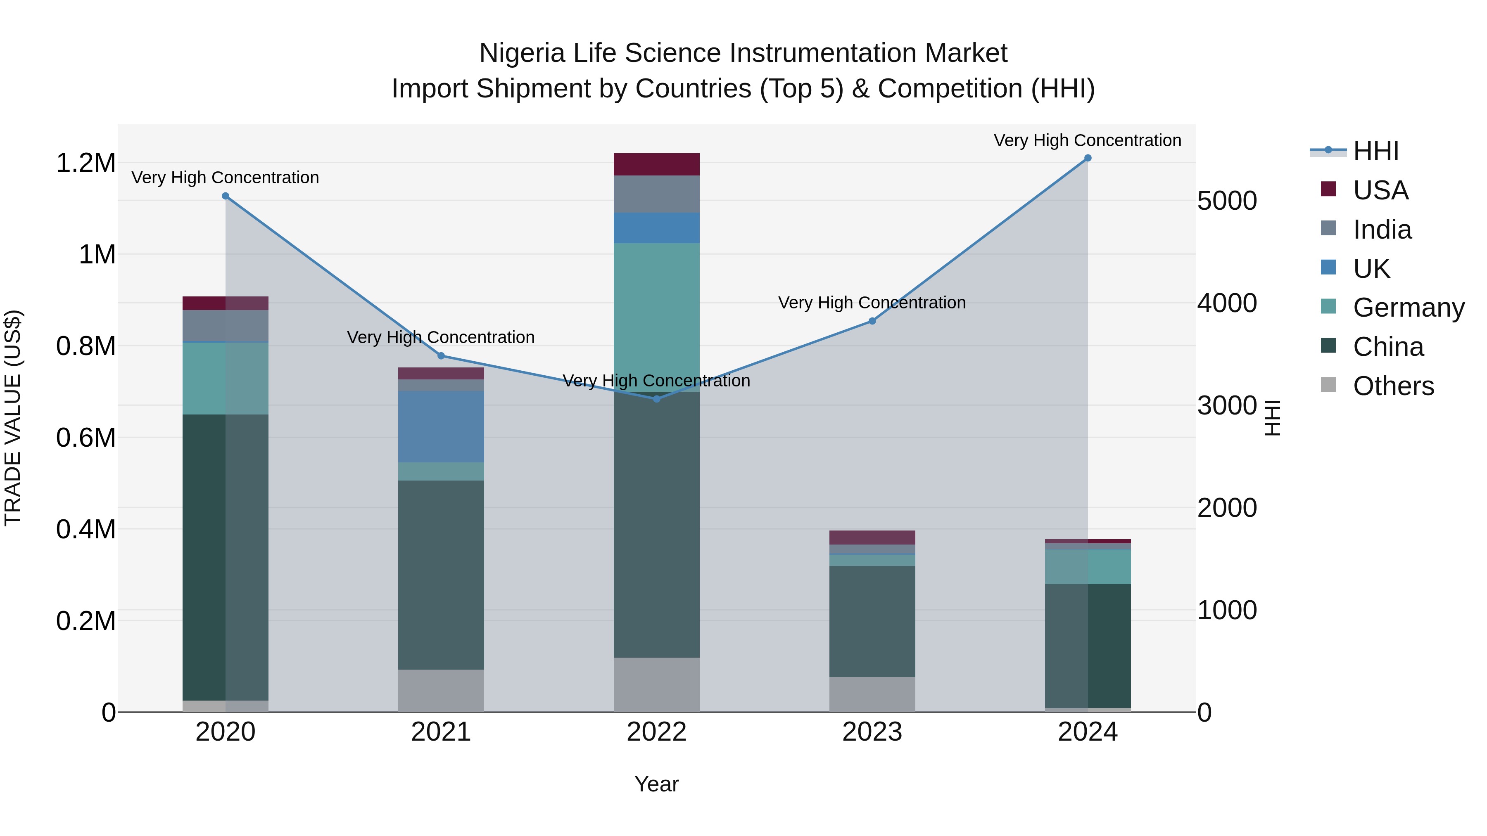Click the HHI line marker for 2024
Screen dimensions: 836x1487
(x=1088, y=158)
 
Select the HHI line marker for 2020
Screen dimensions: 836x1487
(x=226, y=196)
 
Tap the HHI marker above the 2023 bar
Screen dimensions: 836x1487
(x=872, y=321)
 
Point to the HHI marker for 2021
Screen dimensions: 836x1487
(x=441, y=356)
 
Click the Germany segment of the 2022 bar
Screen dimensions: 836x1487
(x=656, y=317)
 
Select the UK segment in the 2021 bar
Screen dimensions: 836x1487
(x=441, y=427)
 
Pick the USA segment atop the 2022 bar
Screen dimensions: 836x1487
(x=656, y=164)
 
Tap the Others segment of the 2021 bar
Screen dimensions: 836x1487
(x=441, y=691)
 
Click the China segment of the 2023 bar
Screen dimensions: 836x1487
(x=872, y=621)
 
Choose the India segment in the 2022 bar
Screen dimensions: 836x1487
(x=656, y=194)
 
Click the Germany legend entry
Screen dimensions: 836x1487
(x=1409, y=308)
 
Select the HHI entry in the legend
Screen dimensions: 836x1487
(x=1375, y=151)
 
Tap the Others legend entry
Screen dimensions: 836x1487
(x=1393, y=386)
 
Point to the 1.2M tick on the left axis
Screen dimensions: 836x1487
(x=86, y=163)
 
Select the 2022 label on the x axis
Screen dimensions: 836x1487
(x=656, y=732)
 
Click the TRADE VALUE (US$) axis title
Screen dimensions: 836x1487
(x=13, y=418)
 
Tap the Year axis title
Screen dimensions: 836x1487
(x=656, y=784)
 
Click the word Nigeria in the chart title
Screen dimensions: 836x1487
(x=522, y=54)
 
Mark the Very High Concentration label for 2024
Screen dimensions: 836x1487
(x=1088, y=141)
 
